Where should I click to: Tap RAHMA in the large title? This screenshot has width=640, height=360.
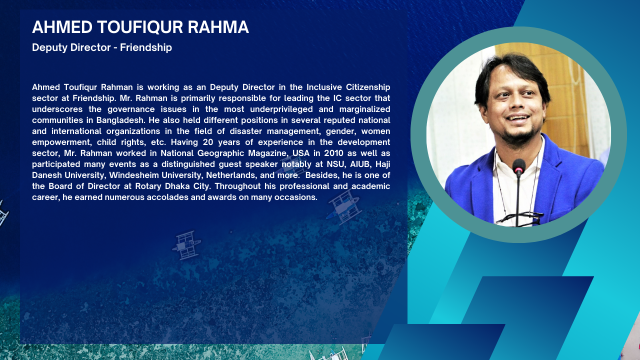click(x=218, y=27)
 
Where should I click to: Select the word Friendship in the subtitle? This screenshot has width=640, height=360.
click(x=145, y=47)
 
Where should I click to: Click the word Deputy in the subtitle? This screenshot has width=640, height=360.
click(x=49, y=47)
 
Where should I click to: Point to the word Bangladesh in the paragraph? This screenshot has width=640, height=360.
click(x=120, y=120)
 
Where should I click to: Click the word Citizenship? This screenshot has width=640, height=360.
click(x=368, y=87)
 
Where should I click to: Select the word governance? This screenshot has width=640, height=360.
click(x=131, y=109)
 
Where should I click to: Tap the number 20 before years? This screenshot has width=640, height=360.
click(x=208, y=142)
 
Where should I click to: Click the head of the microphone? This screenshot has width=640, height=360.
click(x=519, y=166)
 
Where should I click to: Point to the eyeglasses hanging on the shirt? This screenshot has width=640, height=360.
click(x=519, y=217)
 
